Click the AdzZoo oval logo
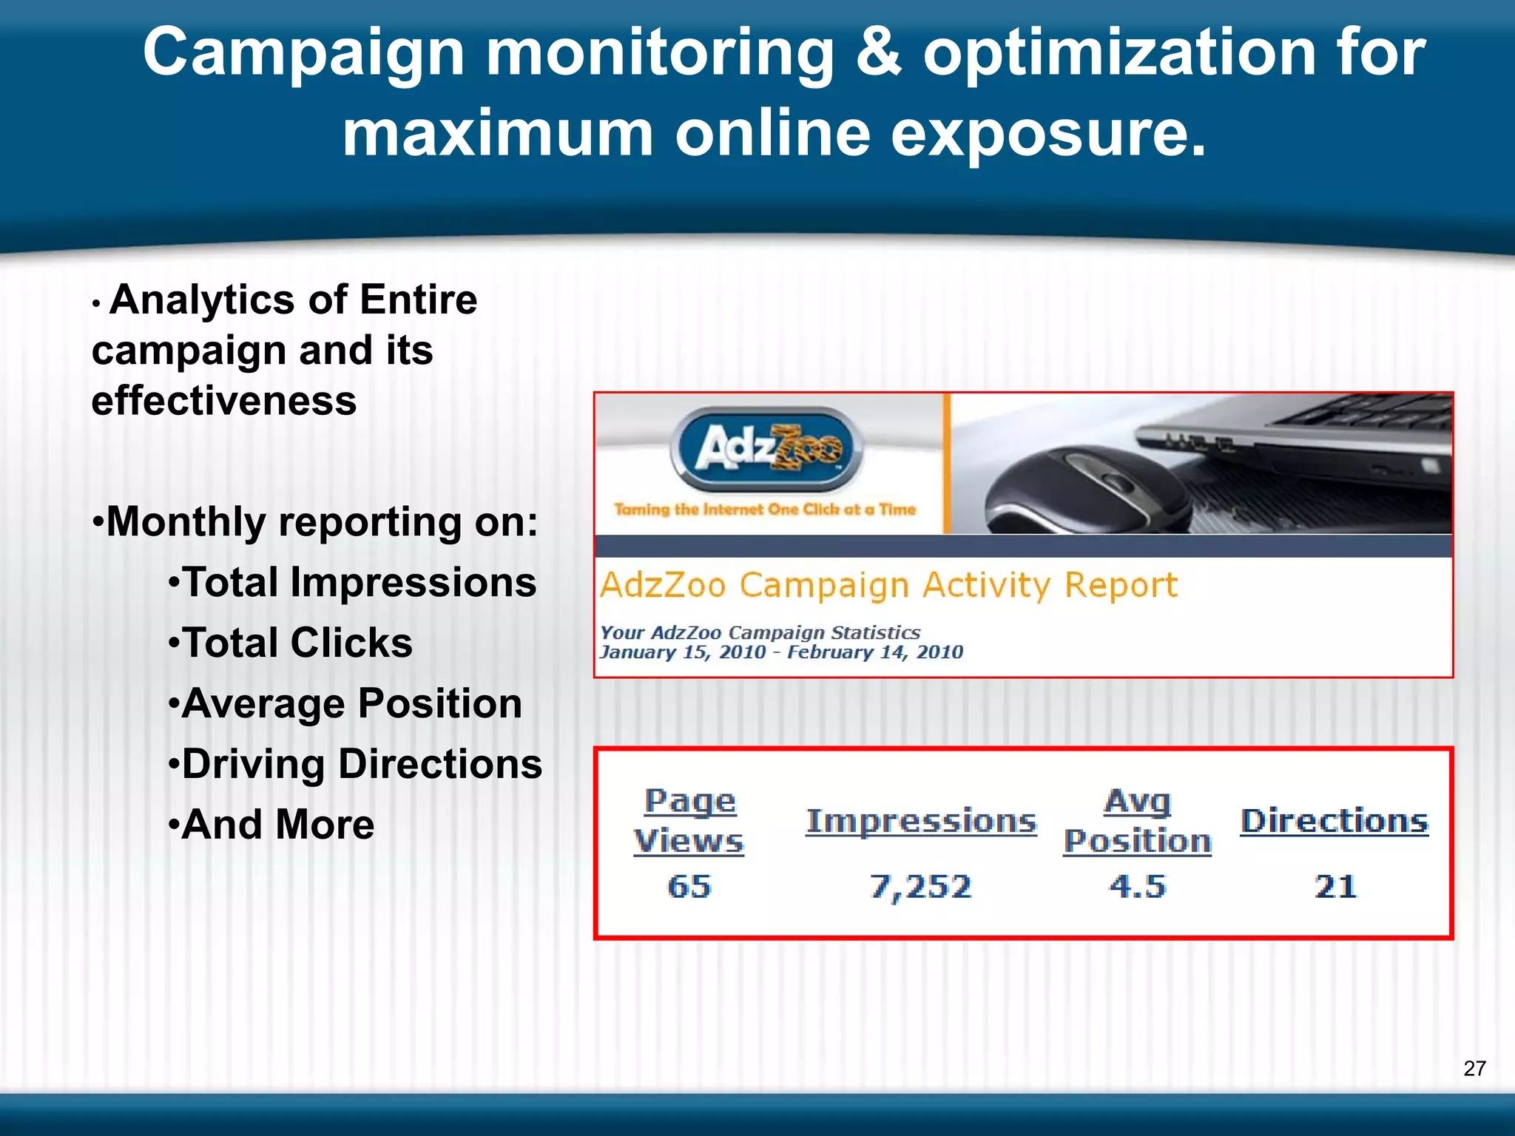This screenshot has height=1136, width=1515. (x=766, y=448)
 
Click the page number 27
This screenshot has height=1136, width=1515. (x=1474, y=1068)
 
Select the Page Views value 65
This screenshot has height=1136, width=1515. (x=689, y=886)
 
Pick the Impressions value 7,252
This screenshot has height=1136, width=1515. (x=920, y=886)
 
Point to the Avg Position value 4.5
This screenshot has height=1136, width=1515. (x=1137, y=886)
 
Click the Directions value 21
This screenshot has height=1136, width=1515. (x=1335, y=886)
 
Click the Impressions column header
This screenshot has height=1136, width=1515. (x=921, y=822)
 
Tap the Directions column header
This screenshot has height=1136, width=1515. (x=1335, y=822)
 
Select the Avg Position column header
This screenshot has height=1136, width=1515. (x=1137, y=822)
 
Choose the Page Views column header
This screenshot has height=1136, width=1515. (x=689, y=822)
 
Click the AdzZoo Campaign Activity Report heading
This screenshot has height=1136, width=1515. (x=888, y=585)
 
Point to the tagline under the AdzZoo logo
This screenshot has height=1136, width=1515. (x=766, y=510)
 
